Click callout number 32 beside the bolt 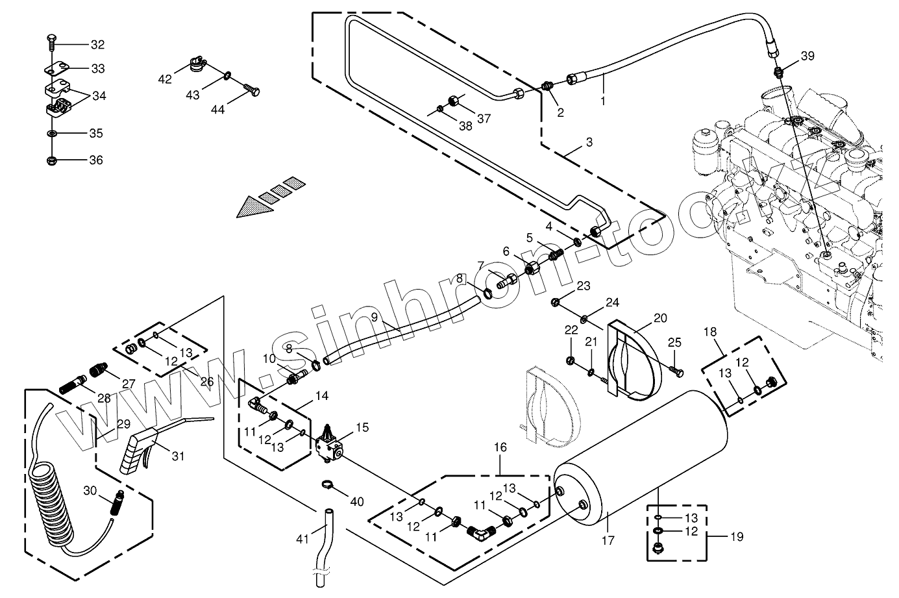tap(97, 45)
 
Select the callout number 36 tap(96, 160)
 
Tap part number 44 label tap(217, 110)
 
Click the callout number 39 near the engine tap(807, 56)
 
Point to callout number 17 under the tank tap(608, 540)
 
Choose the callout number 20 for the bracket tap(660, 318)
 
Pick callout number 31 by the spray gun tap(178, 456)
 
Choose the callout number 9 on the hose tap(375, 318)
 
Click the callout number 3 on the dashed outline tap(589, 142)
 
